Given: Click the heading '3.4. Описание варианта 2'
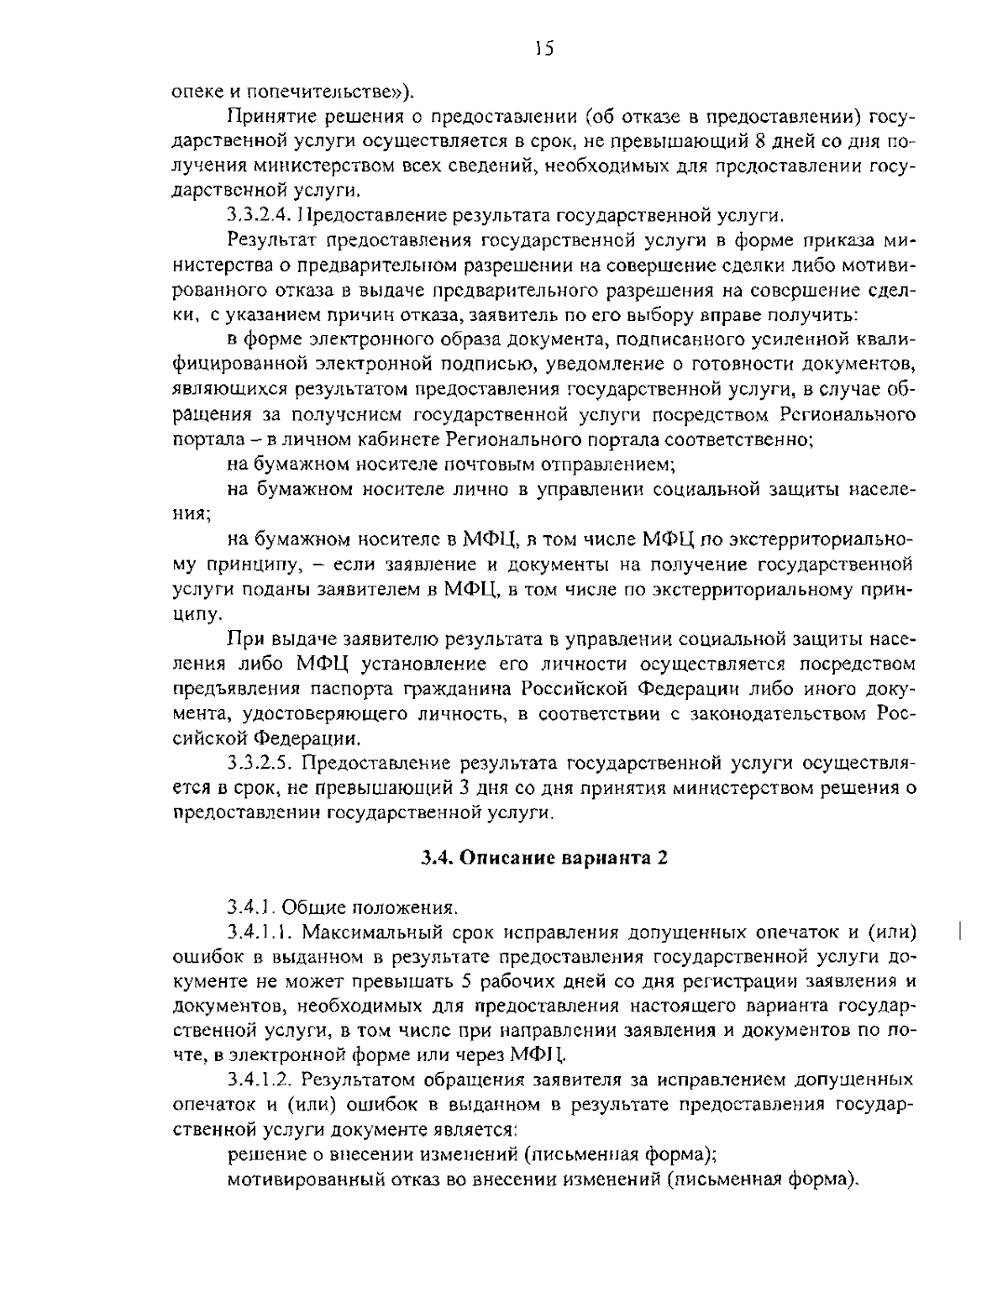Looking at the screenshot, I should coord(544,858).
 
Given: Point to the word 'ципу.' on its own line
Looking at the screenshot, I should coord(192,614).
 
